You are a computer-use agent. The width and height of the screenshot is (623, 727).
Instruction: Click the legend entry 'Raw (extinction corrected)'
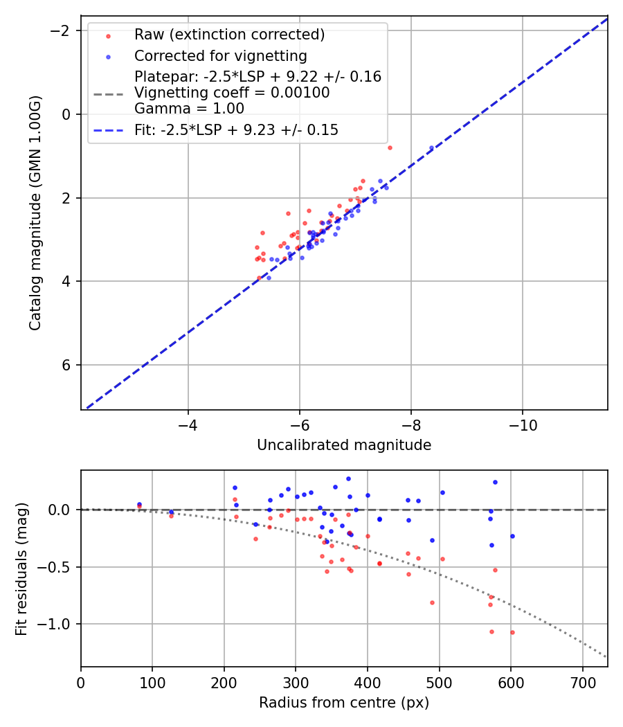(229, 35)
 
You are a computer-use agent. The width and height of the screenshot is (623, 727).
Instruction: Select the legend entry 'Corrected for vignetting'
(221, 55)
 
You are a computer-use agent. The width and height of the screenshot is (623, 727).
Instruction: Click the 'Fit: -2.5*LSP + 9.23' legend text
(236, 129)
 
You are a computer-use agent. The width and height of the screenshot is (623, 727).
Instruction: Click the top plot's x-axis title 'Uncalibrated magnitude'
(344, 445)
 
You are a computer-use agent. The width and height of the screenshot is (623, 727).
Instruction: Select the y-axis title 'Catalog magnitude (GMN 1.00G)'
(36, 213)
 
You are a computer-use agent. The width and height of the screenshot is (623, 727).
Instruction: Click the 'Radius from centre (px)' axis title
(344, 703)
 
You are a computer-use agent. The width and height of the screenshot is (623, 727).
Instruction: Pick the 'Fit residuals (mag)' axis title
(21, 568)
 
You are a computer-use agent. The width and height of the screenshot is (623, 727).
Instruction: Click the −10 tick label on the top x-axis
(523, 426)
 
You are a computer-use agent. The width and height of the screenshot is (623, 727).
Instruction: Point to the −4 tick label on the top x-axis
(188, 426)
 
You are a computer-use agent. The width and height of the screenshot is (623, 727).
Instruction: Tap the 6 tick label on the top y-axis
(66, 365)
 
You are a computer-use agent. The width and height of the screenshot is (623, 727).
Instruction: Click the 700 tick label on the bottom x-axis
(582, 682)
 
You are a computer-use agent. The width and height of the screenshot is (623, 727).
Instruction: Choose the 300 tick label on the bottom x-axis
(296, 682)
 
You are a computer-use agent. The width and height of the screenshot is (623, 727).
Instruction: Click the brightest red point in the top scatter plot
(390, 147)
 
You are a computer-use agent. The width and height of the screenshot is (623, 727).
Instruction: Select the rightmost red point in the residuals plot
(512, 632)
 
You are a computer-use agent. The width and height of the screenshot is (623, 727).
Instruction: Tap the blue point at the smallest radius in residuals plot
(139, 505)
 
